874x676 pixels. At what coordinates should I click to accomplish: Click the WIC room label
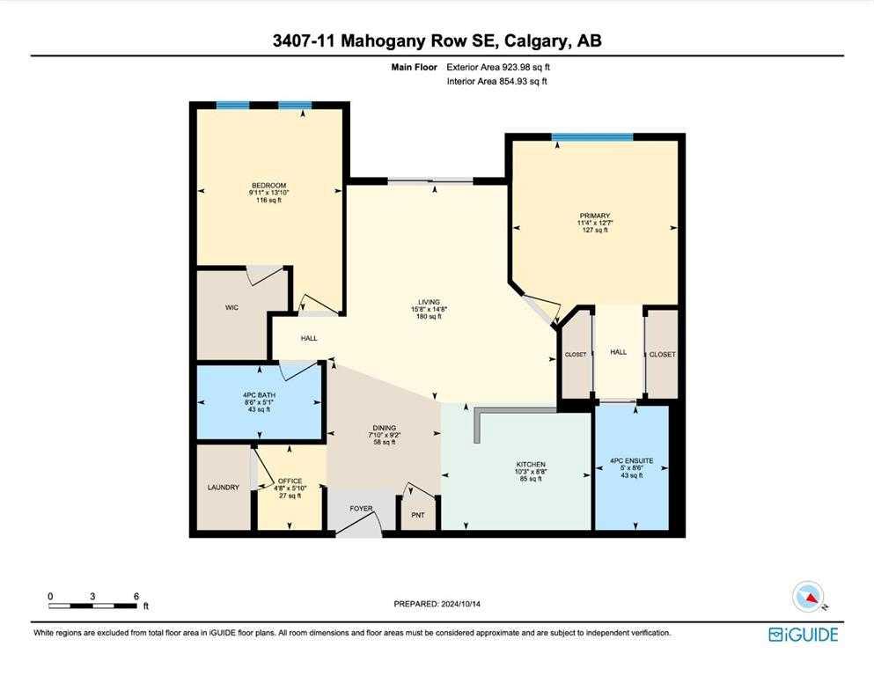tap(232, 307)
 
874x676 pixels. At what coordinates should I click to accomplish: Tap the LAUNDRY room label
tap(223, 487)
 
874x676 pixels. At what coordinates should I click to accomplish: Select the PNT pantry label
tap(418, 515)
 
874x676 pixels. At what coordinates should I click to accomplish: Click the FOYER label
tap(361, 508)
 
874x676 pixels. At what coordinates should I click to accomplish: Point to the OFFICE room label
tap(290, 481)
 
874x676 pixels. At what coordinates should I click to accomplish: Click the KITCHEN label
tap(531, 464)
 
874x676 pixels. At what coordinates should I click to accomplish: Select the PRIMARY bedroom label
tap(594, 216)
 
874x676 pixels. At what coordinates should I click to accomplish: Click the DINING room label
tap(383, 426)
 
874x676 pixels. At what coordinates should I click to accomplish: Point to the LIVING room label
tap(429, 302)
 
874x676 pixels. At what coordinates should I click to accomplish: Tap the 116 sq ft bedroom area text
tap(268, 200)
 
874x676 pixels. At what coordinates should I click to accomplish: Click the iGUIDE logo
tap(803, 634)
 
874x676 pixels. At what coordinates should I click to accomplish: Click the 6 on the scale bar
tap(136, 596)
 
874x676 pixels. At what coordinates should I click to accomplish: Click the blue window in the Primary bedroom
tap(591, 137)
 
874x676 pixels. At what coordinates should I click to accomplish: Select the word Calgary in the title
tap(529, 40)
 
